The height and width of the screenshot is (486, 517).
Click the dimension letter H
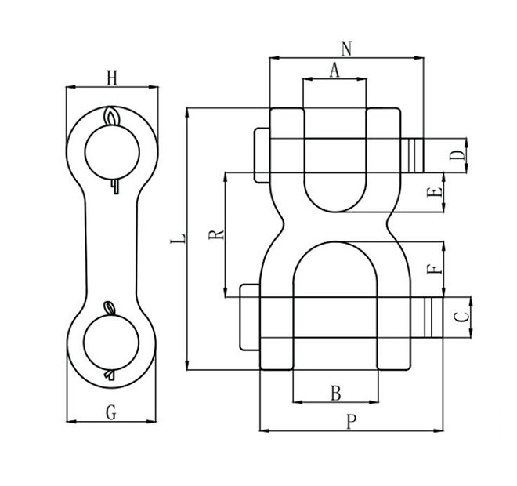tap(111, 77)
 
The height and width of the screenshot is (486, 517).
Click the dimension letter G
tap(110, 411)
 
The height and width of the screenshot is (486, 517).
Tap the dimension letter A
tap(334, 71)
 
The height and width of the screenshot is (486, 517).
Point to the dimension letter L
tap(178, 238)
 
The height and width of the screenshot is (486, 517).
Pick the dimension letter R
tap(216, 232)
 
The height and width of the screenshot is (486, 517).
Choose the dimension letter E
tap(436, 193)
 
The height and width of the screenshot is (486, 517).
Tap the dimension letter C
tap(462, 317)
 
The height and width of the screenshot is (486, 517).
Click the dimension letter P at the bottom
tap(351, 421)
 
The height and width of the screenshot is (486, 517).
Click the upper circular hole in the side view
tap(111, 153)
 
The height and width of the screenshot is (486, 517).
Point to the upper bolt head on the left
tap(262, 154)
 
